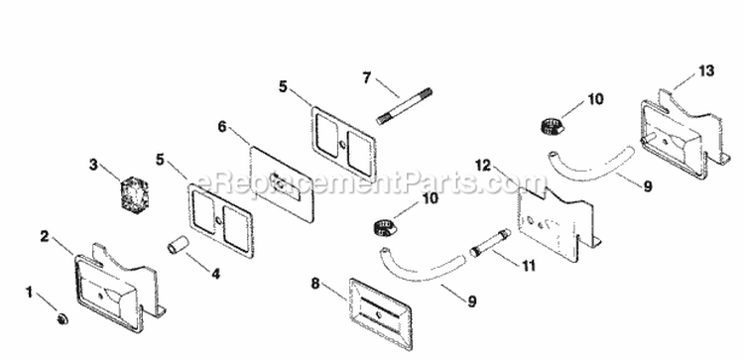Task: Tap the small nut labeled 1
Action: [62, 317]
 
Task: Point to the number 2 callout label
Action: [44, 236]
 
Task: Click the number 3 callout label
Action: [94, 166]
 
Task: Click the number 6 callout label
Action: [222, 126]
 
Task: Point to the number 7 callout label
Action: [366, 76]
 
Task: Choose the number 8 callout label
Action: [314, 284]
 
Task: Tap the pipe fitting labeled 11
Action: [490, 242]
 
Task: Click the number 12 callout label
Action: [483, 165]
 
